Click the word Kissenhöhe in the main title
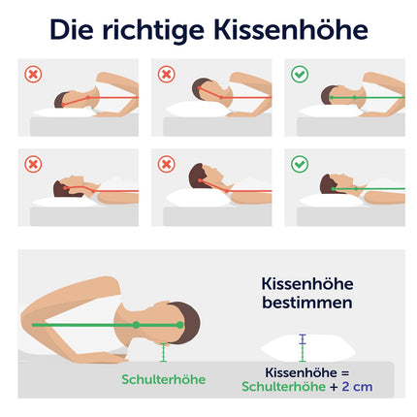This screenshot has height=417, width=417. tap(291, 29)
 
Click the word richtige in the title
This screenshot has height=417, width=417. tap(153, 31)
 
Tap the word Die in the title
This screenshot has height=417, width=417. tap(72, 29)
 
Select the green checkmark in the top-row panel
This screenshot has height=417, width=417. tap(300, 74)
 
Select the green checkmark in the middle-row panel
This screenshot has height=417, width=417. tap(300, 164)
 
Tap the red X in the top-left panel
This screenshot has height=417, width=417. tap(33, 75)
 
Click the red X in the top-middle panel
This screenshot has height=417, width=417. tap(167, 75)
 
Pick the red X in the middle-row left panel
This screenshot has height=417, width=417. tap(33, 164)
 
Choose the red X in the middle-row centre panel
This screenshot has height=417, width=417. tap(167, 164)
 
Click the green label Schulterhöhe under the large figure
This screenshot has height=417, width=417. tap(164, 379)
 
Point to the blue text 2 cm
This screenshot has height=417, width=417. tap(357, 387)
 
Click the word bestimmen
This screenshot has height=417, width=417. tap(307, 303)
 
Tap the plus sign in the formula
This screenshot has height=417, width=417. tap(334, 387)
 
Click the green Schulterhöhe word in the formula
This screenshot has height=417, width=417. tap(284, 387)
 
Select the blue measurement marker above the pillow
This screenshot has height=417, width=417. tap(303, 339)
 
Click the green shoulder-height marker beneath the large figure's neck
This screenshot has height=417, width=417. tap(164, 352)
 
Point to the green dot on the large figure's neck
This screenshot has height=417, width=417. tap(136, 325)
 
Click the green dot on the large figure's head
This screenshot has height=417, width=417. tap(180, 325)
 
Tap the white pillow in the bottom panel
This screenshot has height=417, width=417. tap(308, 349)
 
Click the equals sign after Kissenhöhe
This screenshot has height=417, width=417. tap(344, 373)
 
